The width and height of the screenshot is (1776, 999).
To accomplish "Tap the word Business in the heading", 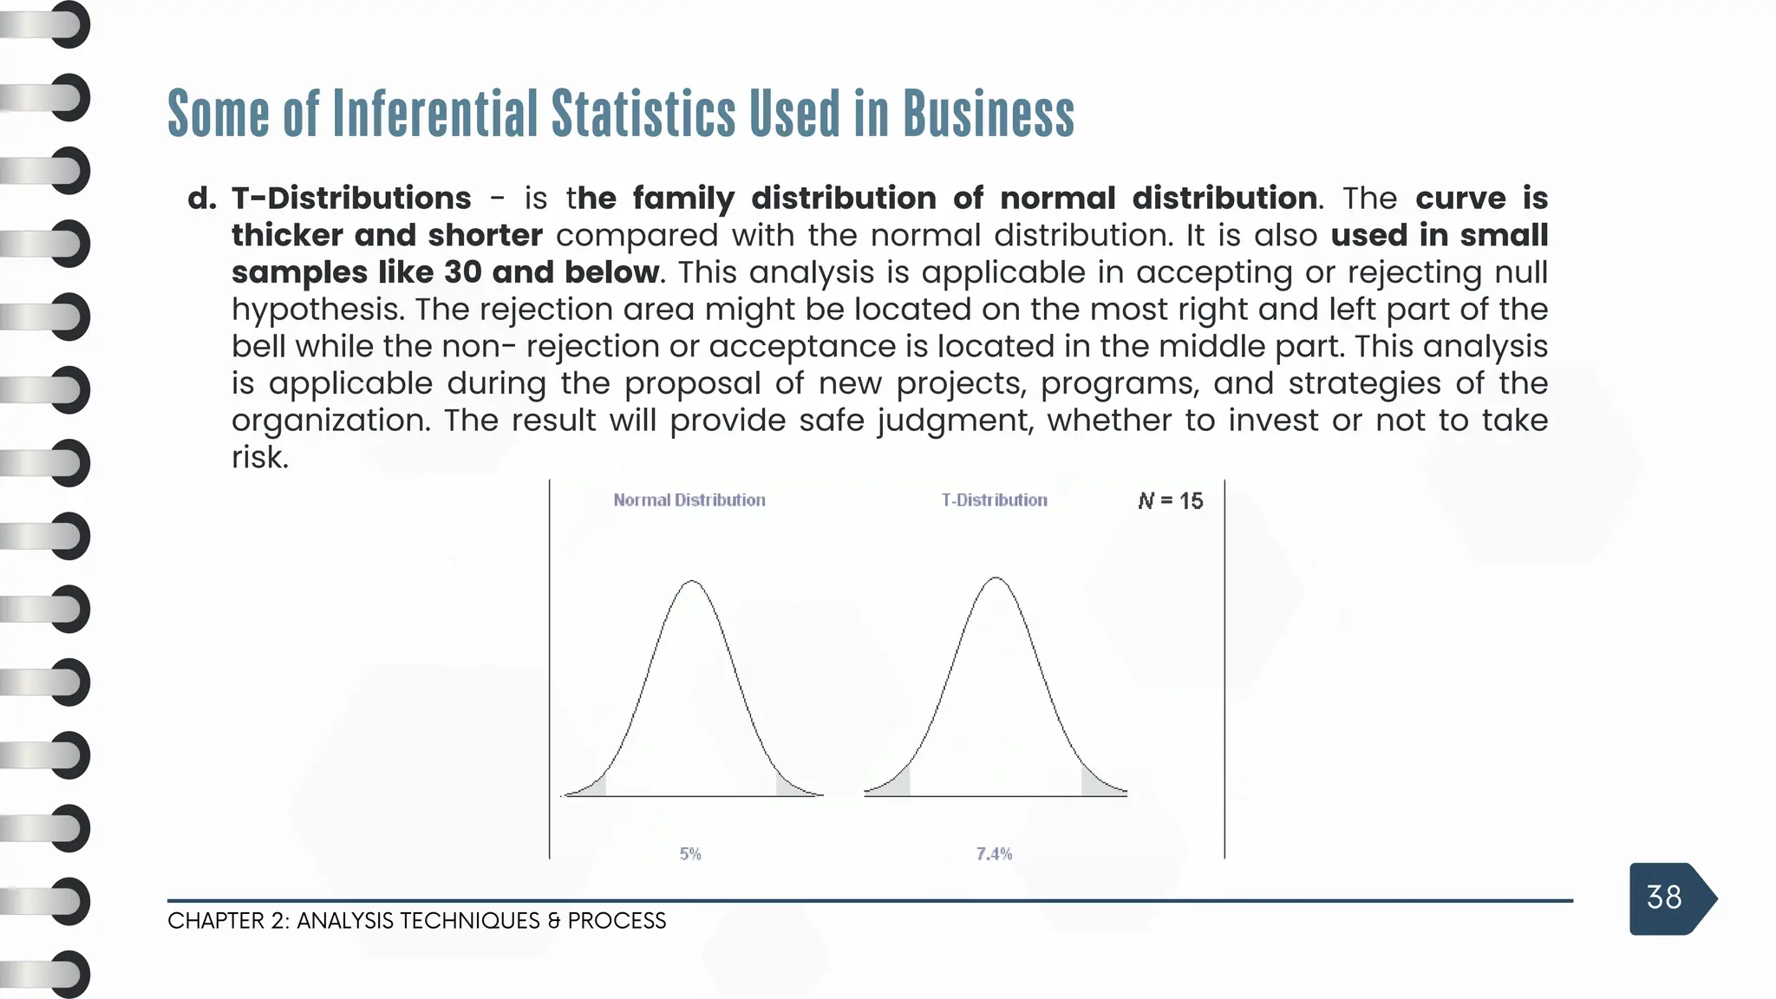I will click(988, 114).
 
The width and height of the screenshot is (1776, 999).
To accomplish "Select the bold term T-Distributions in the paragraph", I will click(351, 199).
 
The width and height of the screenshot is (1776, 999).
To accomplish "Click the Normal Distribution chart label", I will click(689, 500).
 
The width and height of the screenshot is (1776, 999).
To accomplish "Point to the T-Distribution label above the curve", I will click(994, 500).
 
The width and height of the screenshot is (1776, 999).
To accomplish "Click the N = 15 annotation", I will click(1170, 501).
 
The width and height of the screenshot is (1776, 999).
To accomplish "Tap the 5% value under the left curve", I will click(690, 854).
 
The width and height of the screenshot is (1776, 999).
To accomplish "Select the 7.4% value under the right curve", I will click(994, 854).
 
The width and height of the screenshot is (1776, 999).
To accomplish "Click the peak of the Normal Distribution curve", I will click(692, 582).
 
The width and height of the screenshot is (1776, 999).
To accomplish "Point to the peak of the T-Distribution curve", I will click(996, 578).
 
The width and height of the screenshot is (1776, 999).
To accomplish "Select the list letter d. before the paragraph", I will click(202, 199).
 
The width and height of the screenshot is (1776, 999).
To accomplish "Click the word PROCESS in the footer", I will click(617, 921).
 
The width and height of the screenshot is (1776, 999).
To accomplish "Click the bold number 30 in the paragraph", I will click(463, 273).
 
